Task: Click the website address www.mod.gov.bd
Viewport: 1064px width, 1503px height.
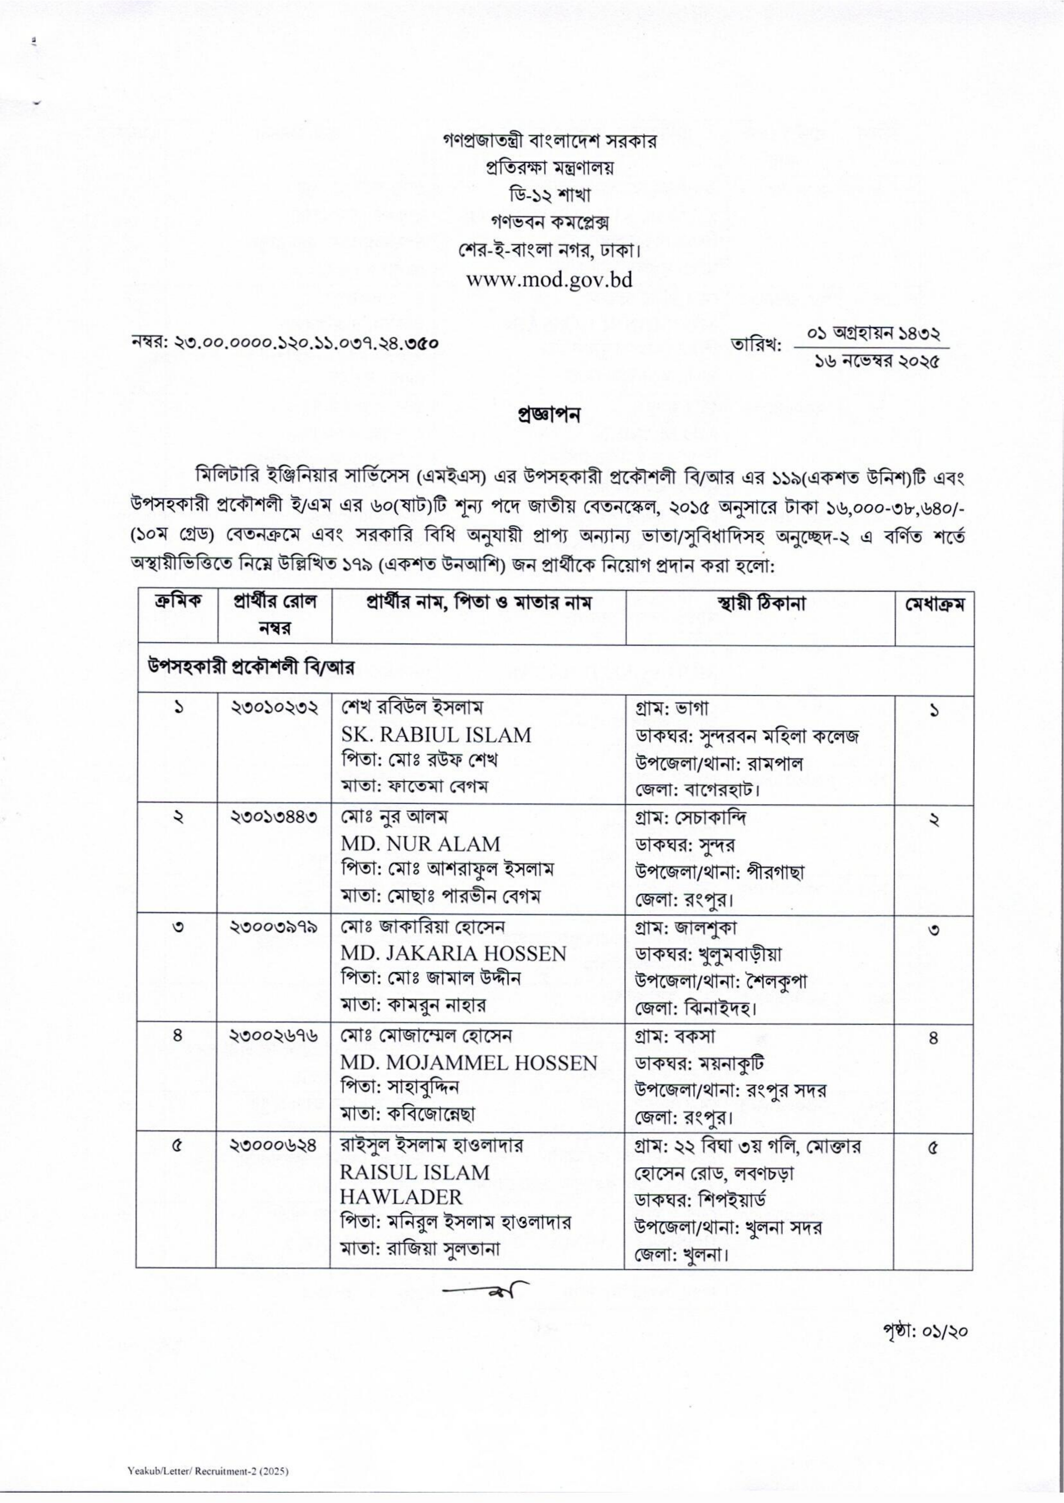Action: tap(549, 280)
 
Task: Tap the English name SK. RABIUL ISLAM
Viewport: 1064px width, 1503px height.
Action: tap(435, 735)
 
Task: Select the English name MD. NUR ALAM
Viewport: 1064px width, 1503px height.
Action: tap(420, 844)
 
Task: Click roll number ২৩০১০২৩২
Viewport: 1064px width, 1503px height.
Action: tap(275, 709)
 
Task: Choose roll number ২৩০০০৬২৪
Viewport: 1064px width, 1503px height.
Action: tap(275, 1146)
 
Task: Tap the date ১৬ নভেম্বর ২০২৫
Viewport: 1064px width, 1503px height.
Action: tap(877, 360)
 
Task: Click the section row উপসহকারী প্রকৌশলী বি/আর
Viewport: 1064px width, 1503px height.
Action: tap(250, 668)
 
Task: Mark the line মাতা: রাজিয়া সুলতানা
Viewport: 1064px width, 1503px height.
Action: tap(420, 1249)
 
